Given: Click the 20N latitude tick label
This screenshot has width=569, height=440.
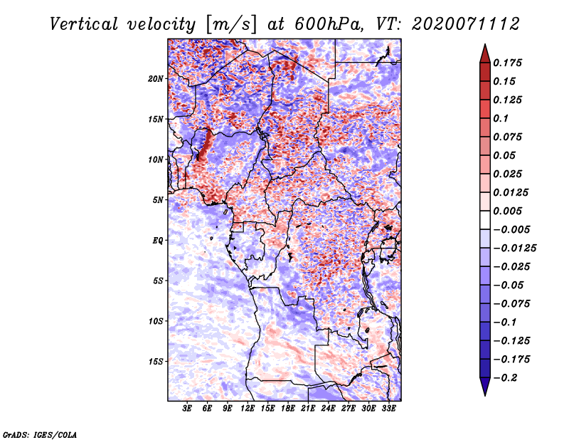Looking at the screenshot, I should point(156,78).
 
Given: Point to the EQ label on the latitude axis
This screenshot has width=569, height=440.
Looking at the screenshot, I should point(158,240).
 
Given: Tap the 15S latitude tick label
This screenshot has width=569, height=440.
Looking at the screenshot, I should point(156,361).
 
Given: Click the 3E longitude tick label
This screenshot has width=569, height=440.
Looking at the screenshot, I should point(188,409).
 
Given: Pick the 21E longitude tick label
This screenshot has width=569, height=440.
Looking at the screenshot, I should point(309,409).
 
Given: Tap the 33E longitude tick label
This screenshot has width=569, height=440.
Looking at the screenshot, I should point(389,409).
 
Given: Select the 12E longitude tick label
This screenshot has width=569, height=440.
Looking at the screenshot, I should point(248,409).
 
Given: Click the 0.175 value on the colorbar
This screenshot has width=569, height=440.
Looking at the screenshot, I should point(510,63).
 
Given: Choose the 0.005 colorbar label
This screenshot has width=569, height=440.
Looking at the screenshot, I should point(510,211).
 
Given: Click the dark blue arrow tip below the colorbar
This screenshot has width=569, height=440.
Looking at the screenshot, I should point(484,391).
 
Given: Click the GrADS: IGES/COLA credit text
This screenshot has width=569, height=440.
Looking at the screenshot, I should point(39,434).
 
